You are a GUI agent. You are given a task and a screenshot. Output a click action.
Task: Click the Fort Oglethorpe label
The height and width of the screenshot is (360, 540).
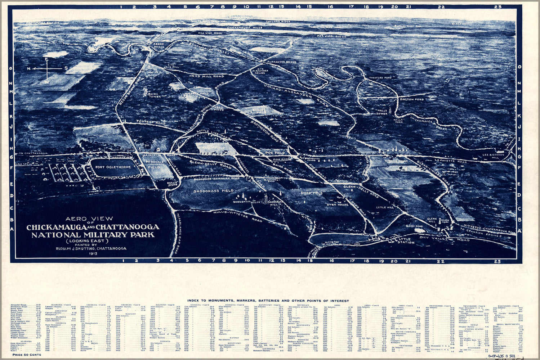coord(114,167)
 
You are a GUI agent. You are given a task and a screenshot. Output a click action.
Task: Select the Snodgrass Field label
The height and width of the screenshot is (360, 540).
coord(213,191)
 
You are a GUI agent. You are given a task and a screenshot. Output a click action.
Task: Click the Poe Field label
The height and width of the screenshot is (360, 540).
coord(275,152)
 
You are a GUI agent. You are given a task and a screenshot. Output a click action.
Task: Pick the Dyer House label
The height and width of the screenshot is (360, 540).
coord(338,204)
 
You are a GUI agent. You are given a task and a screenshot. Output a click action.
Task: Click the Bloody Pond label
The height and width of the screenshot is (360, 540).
coord(414,226)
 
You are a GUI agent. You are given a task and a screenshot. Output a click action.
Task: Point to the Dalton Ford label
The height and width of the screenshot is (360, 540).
coord(411,99)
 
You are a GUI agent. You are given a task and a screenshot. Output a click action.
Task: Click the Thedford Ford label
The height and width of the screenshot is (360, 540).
coord(380,77)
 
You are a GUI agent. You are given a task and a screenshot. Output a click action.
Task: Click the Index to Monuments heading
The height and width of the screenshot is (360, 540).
coord(268,301)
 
